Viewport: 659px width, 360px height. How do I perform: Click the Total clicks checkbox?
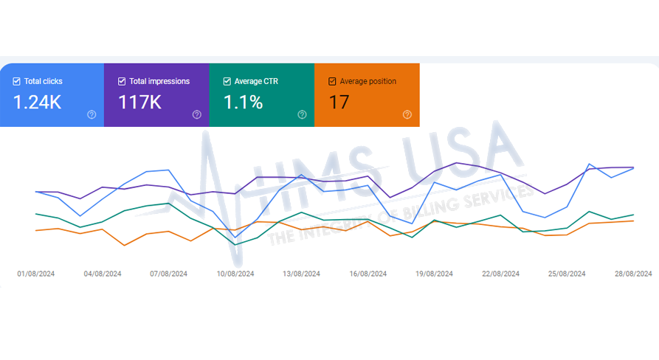click(16, 82)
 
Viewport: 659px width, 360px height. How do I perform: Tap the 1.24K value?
click(38, 102)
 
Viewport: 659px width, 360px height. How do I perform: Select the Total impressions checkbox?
click(122, 82)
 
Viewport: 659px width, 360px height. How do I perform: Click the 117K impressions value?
click(139, 102)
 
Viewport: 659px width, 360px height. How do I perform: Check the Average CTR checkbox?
click(227, 82)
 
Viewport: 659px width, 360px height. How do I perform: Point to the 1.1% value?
click(244, 102)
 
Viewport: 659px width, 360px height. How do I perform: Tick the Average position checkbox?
click(332, 82)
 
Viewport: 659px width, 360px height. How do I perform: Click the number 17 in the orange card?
click(339, 102)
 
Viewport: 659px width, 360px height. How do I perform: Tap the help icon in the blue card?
click(92, 114)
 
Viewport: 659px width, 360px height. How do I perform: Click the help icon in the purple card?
click(197, 114)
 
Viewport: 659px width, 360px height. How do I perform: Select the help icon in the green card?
click(302, 114)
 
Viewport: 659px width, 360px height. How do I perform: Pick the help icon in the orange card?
click(407, 114)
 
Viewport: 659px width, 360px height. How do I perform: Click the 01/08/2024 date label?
click(36, 274)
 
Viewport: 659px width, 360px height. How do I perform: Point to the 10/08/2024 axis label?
click(235, 274)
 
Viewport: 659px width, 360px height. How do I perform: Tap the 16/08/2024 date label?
click(368, 274)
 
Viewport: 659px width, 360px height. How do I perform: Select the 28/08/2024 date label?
click(634, 274)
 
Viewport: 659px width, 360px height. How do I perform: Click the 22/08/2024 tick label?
click(501, 274)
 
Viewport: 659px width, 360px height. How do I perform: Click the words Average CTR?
click(254, 82)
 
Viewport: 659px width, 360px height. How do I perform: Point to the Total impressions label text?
click(159, 82)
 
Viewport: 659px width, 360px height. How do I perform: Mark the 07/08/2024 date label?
click(169, 274)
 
